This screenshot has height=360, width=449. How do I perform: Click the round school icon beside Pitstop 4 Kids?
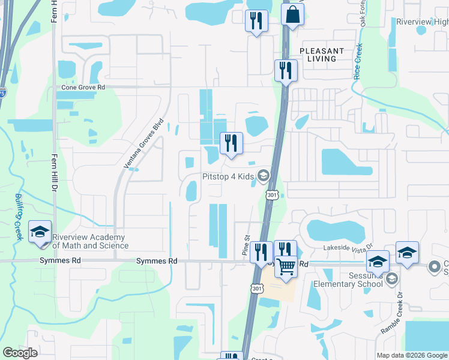click(x=262, y=176)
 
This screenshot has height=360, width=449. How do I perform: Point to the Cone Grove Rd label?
click(x=83, y=87)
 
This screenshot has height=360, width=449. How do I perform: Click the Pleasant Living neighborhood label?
click(x=322, y=55)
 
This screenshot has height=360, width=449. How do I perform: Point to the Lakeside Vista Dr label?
click(x=348, y=246)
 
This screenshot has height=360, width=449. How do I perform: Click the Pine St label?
click(x=246, y=246)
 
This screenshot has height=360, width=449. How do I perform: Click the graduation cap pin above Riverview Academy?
click(x=40, y=233)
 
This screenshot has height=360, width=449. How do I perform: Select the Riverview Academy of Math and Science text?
click(x=90, y=241)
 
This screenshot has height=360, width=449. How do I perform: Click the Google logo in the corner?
click(x=20, y=353)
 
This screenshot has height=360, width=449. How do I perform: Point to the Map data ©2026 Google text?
click(x=412, y=355)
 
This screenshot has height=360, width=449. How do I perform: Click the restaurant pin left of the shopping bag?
click(x=256, y=20)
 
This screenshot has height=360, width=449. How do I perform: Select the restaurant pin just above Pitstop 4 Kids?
click(x=231, y=143)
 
